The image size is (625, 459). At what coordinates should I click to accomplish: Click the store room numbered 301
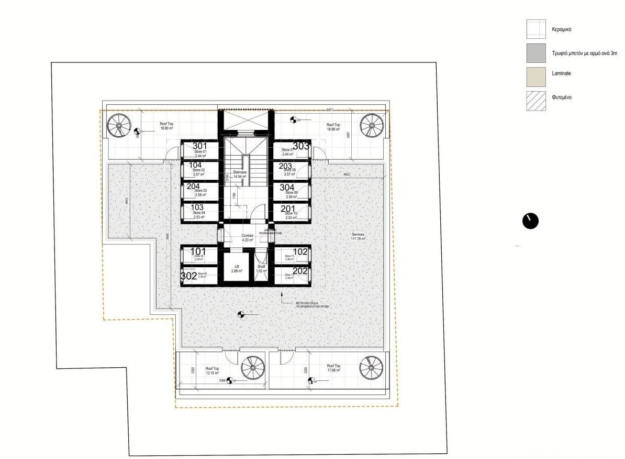coord(198,150)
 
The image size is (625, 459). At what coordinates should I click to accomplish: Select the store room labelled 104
coord(198,169)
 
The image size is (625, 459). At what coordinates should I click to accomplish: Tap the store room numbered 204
coord(198,190)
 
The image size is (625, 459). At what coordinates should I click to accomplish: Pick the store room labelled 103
coord(198,212)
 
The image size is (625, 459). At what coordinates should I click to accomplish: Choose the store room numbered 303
coord(291,150)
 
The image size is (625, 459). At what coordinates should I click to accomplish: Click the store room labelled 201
coord(291,212)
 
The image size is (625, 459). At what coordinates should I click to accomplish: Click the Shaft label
coord(261,269)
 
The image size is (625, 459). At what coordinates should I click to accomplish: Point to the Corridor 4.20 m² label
coord(247,238)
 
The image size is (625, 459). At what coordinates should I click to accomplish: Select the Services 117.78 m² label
coord(358,237)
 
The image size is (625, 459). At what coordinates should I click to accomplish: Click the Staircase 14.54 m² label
coord(240,174)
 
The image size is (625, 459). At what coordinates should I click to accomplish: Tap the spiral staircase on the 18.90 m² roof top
coord(119,126)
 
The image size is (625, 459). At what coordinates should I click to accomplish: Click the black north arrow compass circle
coord(530,221)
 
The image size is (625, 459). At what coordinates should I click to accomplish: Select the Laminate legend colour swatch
coord(536,76)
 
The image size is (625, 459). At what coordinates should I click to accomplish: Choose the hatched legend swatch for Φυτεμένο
coord(536,101)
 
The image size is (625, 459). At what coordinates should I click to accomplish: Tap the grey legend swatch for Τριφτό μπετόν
coord(536,53)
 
